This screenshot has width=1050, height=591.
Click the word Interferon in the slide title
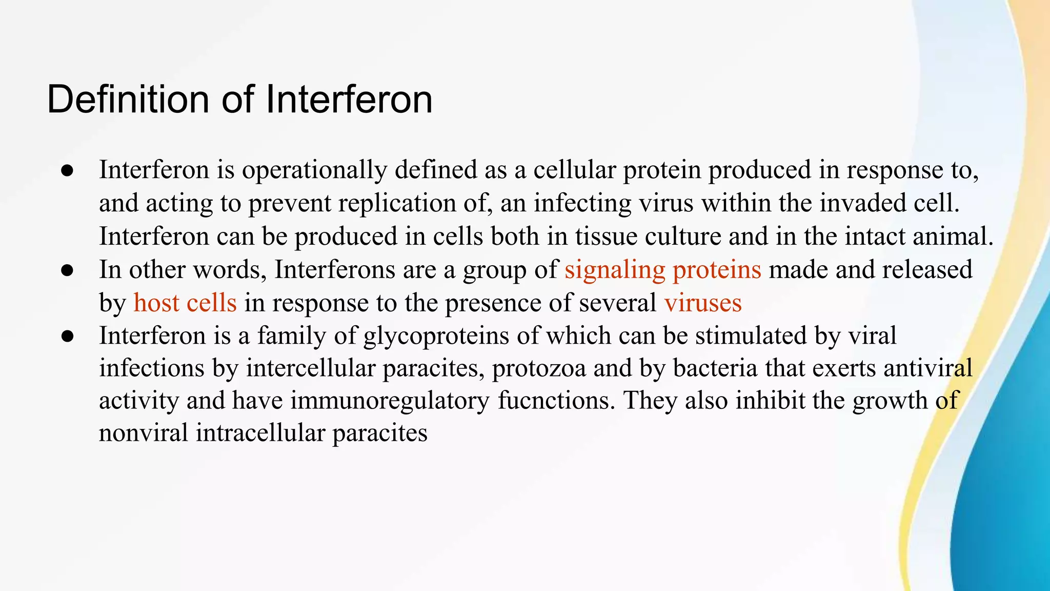point(349,100)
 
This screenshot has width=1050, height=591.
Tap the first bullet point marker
point(68,171)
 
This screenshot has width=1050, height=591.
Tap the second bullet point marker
point(68,271)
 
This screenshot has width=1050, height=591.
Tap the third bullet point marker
point(68,337)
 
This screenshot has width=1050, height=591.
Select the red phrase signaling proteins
point(662,270)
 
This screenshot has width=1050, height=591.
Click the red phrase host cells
point(185,303)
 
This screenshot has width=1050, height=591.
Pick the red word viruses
point(703,303)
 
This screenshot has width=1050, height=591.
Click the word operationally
point(314,170)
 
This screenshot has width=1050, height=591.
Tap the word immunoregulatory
point(390,401)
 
